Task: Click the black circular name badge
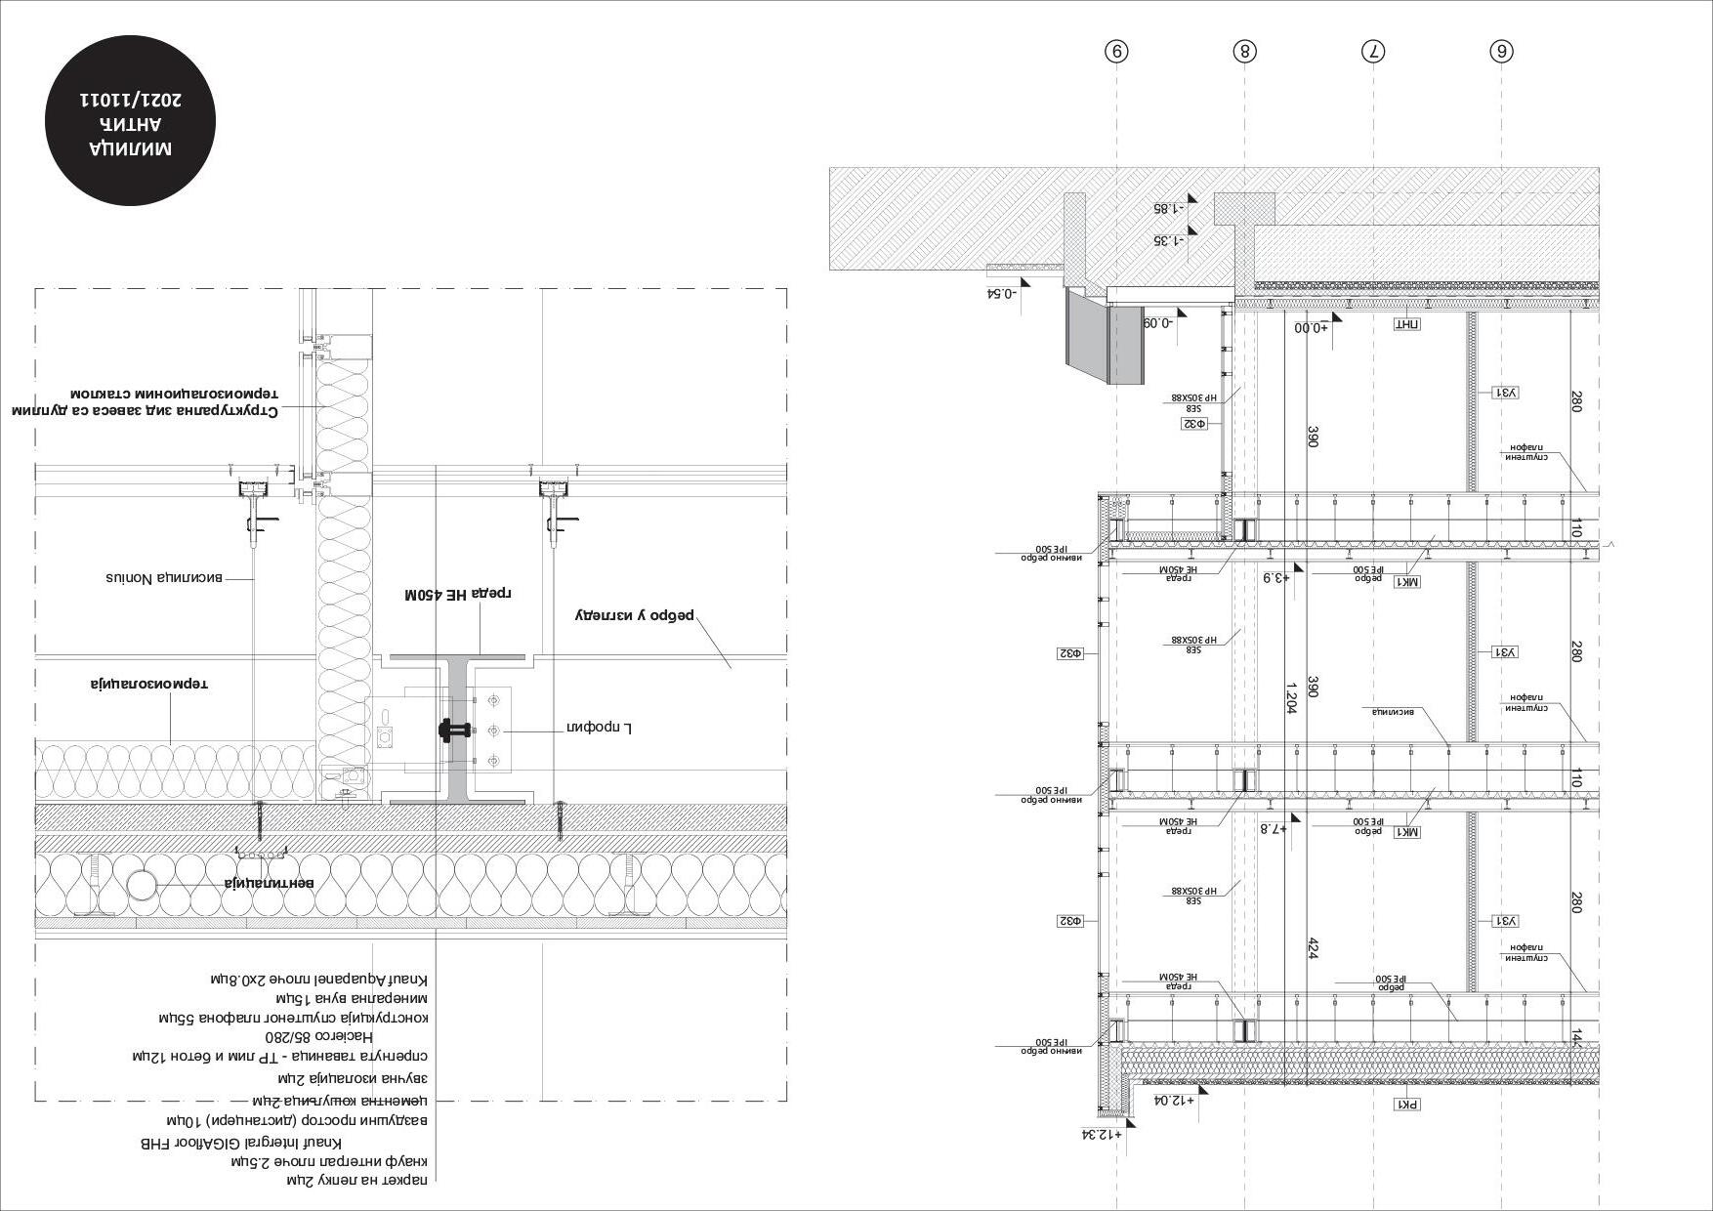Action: click(131, 123)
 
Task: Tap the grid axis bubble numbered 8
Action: click(1243, 52)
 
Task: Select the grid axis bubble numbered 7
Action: click(1373, 52)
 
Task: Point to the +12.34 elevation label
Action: click(1102, 1134)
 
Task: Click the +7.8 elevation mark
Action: click(1271, 828)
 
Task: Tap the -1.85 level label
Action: click(1168, 208)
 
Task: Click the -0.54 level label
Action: click(1002, 292)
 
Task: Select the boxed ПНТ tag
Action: click(1406, 325)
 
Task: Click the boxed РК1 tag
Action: click(1407, 1105)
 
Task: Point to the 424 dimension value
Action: click(1314, 948)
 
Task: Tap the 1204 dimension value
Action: click(1291, 698)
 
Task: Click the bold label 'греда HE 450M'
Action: click(459, 594)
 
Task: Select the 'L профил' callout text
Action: click(601, 727)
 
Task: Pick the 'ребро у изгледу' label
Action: click(635, 615)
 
